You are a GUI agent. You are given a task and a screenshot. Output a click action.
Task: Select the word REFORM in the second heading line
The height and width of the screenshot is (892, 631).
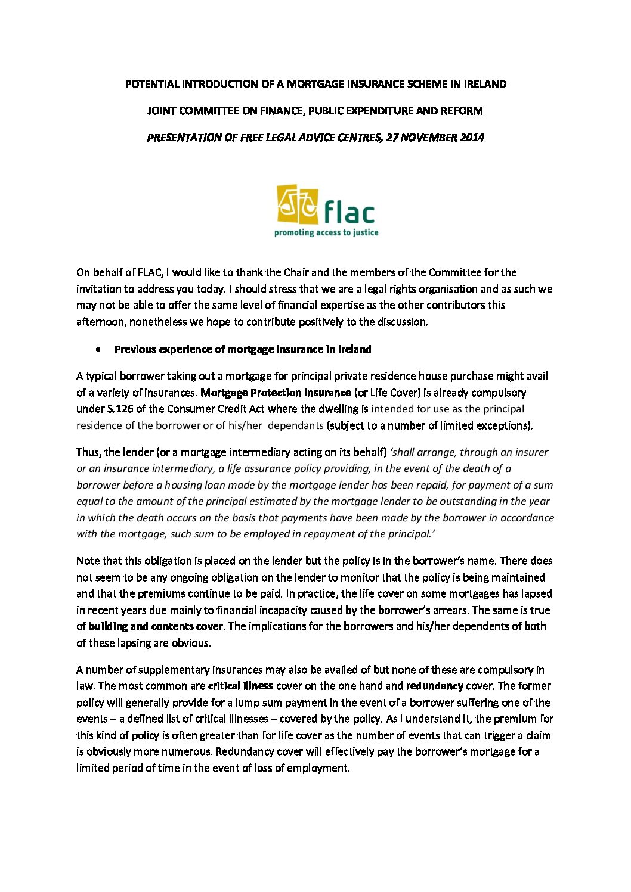(461, 111)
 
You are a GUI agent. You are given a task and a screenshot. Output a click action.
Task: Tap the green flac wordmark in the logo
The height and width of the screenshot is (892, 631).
(349, 212)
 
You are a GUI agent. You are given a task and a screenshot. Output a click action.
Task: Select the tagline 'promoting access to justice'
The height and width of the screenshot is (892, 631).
(326, 232)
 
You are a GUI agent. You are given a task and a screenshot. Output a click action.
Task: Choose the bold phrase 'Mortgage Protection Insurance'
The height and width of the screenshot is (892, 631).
(276, 393)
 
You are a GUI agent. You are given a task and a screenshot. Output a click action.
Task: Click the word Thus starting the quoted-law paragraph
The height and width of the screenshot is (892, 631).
(88, 452)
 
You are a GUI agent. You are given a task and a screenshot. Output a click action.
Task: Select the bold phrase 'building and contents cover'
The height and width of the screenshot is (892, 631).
(156, 626)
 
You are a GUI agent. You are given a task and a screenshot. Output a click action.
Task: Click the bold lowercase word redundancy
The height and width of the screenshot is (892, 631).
(434, 686)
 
